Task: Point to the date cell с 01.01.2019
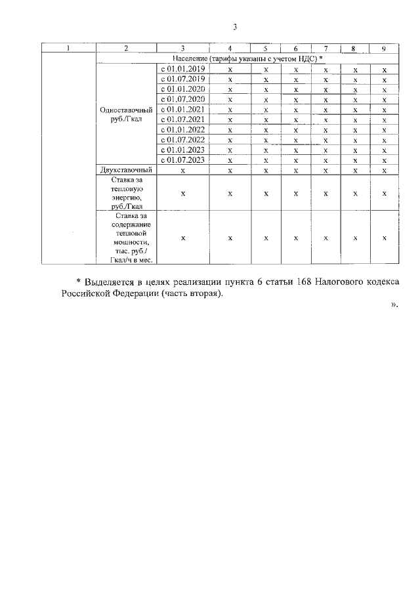point(183,69)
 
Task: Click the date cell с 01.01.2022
point(183,129)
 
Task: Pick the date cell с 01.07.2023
point(183,159)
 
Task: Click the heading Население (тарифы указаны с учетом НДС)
point(242,58)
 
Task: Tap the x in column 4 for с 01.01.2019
point(230,69)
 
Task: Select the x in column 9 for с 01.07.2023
point(384,159)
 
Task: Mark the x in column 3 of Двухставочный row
point(183,169)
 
